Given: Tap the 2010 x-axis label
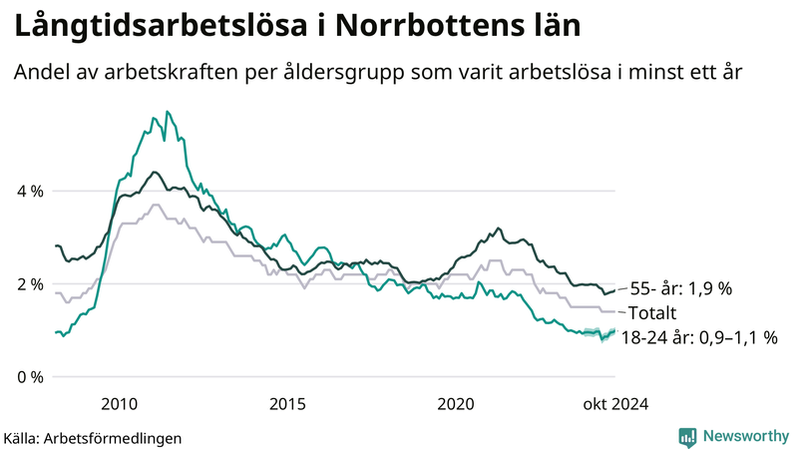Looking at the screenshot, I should coord(119,403).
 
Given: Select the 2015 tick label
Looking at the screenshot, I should coord(287,403).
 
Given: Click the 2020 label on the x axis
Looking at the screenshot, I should coord(456,403).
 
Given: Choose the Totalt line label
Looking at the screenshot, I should coord(652,313).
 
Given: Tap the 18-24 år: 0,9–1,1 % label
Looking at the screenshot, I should coord(698,338).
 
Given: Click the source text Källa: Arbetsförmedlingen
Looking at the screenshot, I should coord(93,438).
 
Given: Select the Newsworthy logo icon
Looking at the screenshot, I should coord(687,436).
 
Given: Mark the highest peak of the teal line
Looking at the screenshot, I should coord(167,111).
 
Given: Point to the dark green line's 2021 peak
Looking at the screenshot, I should coord(499,227).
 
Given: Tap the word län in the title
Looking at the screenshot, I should coord(554,27).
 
